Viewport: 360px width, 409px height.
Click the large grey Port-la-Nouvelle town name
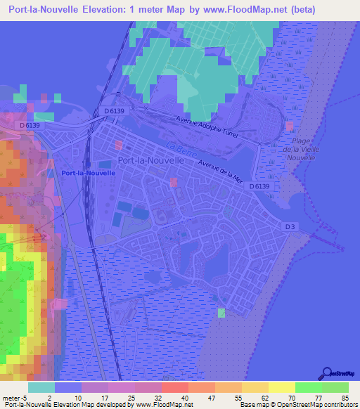click(x=151, y=160)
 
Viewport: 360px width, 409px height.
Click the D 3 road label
click(x=291, y=225)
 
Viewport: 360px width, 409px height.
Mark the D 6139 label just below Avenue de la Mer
click(x=259, y=186)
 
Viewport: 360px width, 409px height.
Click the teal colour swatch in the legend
click(x=41, y=387)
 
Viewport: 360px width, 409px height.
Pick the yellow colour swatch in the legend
click(x=282, y=387)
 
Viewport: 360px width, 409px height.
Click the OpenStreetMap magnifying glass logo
click(x=328, y=372)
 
